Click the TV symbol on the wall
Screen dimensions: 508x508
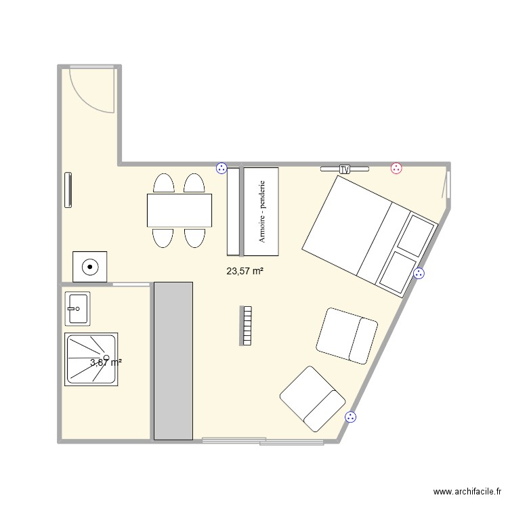click(345, 169)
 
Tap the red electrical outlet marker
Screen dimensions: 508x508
click(396, 168)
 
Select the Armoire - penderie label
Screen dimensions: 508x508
click(261, 212)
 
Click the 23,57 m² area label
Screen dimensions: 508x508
click(245, 271)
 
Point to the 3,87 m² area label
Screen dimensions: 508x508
click(106, 362)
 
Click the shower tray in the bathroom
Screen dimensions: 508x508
click(91, 359)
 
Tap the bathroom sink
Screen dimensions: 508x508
click(77, 309)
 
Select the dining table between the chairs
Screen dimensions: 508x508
click(179, 210)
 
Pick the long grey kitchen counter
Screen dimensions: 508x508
click(173, 360)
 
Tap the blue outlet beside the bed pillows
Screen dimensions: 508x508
click(419, 274)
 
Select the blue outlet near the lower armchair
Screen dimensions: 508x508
click(350, 417)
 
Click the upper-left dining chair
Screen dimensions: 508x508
click(164, 184)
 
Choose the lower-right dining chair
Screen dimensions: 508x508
click(195, 237)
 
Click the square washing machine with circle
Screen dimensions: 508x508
click(89, 266)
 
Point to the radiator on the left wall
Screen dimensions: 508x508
click(68, 190)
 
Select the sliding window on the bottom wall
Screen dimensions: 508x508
click(263, 442)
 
